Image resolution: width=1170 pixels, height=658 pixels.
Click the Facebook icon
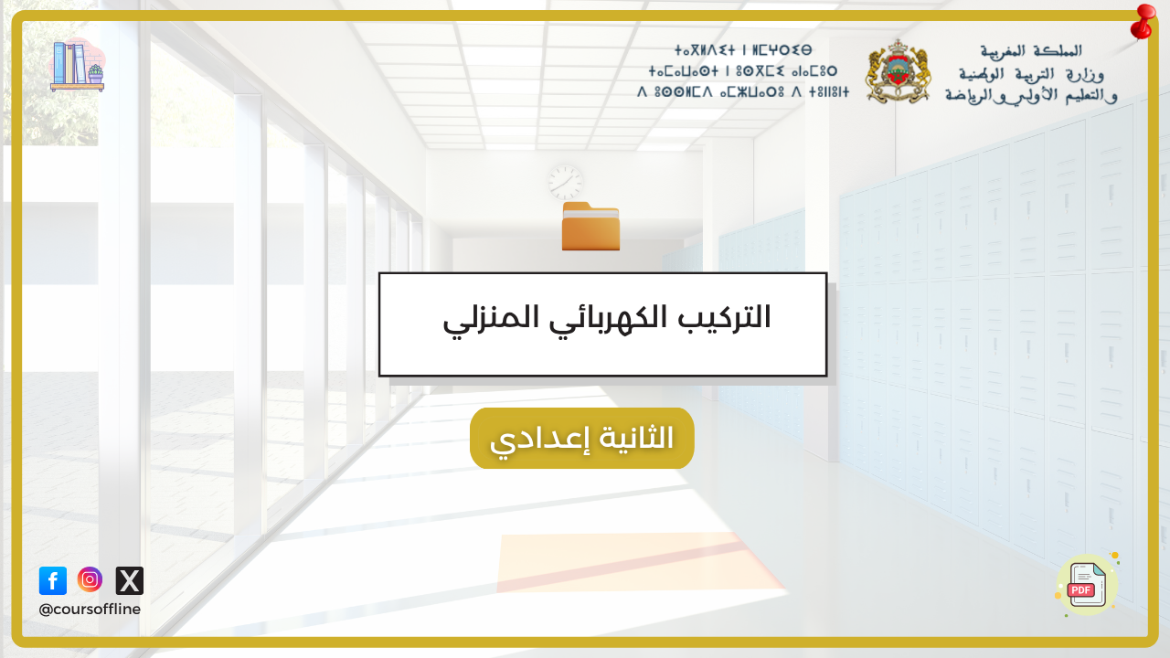tap(53, 580)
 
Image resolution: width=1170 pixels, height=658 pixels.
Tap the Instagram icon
tap(90, 579)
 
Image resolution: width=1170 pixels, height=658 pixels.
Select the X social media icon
tap(130, 580)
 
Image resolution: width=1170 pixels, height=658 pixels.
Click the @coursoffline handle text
tap(90, 610)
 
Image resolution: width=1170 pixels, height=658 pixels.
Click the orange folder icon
tap(590, 226)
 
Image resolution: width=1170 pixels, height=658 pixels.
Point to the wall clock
tap(566, 182)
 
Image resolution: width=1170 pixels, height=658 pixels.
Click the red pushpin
tap(1143, 22)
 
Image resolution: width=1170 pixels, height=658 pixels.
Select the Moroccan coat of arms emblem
tap(898, 71)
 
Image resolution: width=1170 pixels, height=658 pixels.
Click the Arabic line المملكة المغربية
tap(1031, 51)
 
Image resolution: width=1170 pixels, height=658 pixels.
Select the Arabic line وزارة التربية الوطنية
tap(1031, 74)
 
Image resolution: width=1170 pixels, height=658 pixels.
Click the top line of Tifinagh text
tap(743, 50)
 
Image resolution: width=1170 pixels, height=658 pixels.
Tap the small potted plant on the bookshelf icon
tap(96, 74)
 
